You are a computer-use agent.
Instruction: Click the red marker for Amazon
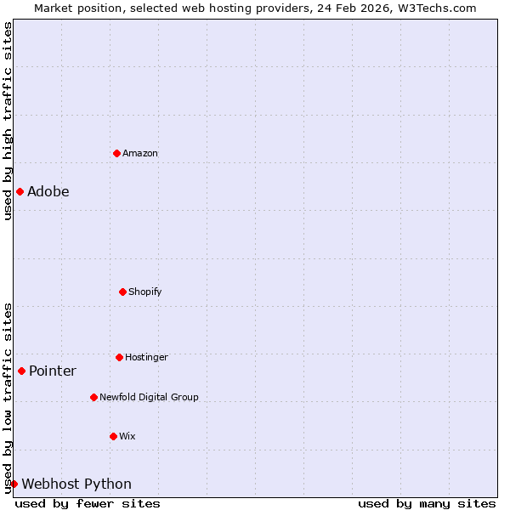click(116, 153)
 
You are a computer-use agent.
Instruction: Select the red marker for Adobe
click(20, 191)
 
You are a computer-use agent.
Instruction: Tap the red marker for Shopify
click(122, 292)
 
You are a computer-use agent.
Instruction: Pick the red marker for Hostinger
click(119, 357)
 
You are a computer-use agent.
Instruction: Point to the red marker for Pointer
click(21, 371)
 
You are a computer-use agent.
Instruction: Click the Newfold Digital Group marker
click(93, 397)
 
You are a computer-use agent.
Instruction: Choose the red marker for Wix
click(113, 436)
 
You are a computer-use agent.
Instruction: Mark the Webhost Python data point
click(14, 484)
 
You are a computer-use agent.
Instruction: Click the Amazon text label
click(140, 154)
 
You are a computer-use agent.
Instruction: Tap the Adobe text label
click(48, 192)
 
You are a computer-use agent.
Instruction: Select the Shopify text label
click(145, 292)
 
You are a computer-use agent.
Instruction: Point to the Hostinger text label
click(146, 358)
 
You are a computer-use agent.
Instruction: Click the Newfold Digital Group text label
click(149, 398)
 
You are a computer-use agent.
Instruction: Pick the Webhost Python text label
click(76, 484)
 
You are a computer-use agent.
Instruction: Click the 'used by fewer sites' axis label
click(88, 503)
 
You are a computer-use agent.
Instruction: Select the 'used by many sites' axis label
click(427, 503)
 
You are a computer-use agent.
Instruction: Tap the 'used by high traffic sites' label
click(8, 121)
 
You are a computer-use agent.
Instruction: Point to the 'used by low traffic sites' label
click(8, 398)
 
